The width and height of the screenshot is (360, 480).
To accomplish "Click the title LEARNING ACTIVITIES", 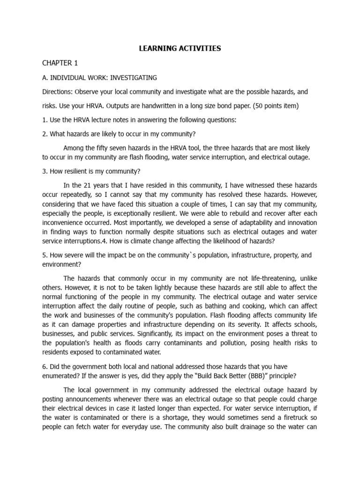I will click(180, 48).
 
